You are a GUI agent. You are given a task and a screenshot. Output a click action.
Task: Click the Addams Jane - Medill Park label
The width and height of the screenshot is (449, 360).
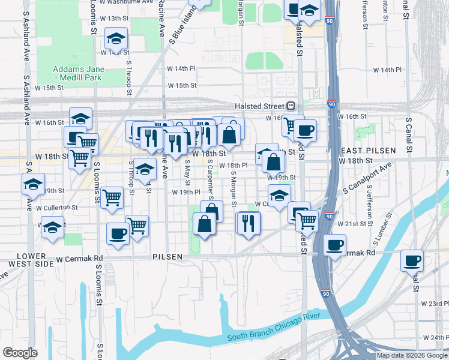[78, 73]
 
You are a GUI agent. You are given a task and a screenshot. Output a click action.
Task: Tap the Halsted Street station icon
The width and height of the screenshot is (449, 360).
[289, 106]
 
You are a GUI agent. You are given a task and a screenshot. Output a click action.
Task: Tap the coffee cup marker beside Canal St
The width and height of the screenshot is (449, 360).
[412, 260]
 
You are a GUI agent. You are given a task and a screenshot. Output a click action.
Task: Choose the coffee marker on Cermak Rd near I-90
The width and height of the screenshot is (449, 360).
[335, 244]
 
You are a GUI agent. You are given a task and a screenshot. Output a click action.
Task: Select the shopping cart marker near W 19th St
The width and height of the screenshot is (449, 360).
[112, 197]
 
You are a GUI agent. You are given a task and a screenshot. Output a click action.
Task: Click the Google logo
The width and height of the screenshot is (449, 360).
[20, 352]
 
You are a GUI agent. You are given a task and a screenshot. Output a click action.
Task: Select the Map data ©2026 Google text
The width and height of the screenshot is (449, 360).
[412, 355]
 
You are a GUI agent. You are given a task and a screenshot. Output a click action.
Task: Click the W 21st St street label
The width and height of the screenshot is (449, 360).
[352, 223]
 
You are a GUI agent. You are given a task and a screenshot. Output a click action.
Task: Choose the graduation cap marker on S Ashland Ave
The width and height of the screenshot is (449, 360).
[34, 184]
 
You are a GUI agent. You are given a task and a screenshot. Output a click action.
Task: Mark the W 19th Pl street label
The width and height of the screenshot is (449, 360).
[185, 193]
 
